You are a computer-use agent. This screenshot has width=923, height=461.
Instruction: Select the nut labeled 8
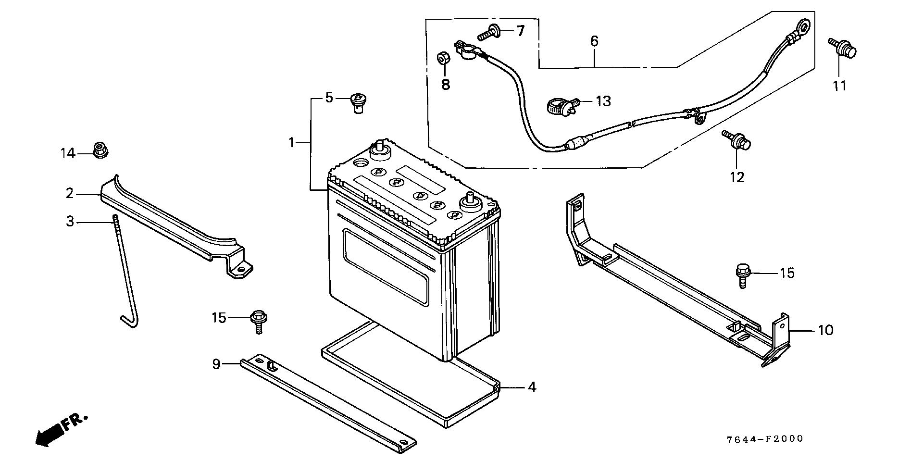(x=443, y=58)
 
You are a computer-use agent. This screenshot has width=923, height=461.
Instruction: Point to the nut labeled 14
(x=100, y=150)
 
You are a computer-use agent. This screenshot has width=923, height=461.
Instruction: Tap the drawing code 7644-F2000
(x=764, y=439)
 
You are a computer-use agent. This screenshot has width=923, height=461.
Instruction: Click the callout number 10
(x=825, y=331)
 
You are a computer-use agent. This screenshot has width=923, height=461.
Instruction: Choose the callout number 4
(x=531, y=387)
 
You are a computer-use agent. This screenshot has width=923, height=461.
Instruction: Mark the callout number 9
(x=216, y=364)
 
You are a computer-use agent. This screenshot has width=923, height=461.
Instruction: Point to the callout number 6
(x=594, y=41)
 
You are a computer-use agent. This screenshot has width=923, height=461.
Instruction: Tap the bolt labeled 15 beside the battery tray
(x=258, y=321)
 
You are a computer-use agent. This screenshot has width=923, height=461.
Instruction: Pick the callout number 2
(x=70, y=194)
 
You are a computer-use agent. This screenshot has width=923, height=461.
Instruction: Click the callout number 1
(x=291, y=142)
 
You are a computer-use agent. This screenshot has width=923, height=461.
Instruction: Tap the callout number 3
(x=70, y=222)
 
